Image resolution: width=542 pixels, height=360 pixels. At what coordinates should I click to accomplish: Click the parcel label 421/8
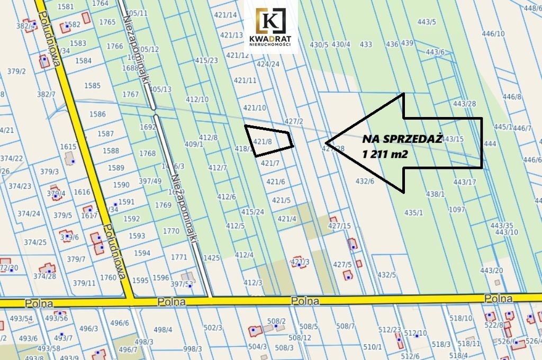click(x=263, y=141)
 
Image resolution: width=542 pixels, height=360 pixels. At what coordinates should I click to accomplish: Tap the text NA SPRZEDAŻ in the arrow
click(x=402, y=139)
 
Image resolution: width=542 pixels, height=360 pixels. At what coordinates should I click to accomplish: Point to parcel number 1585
click(x=92, y=85)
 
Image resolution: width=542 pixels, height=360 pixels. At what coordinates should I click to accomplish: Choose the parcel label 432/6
click(x=365, y=181)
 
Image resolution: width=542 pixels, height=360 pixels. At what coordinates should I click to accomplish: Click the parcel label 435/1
click(x=413, y=212)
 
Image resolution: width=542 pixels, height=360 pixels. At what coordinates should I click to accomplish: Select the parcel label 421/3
click(x=300, y=262)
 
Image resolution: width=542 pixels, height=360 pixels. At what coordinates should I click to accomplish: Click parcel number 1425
click(x=211, y=258)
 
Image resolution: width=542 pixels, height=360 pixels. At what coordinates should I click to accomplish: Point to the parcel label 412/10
click(x=197, y=100)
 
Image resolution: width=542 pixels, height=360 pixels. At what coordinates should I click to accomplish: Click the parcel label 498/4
click(x=163, y=330)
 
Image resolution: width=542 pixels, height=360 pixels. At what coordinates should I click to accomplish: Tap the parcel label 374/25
click(x=35, y=242)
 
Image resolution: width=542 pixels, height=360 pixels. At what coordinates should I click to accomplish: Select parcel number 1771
click(x=179, y=257)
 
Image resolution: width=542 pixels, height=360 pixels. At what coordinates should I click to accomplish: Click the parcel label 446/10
click(x=493, y=34)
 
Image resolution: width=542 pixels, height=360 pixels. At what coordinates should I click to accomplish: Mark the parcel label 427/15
click(x=340, y=226)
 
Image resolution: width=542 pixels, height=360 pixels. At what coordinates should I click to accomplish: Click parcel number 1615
click(x=69, y=147)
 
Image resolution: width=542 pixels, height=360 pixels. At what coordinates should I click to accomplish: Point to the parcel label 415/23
click(x=206, y=60)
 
